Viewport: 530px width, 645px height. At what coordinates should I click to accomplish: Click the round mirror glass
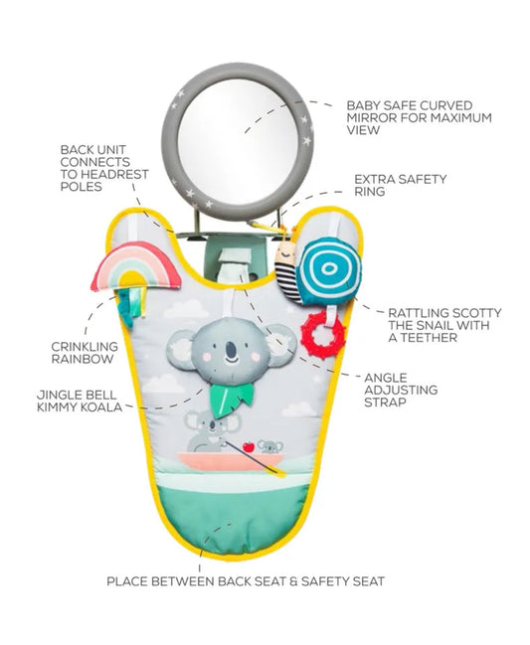pyautogui.click(x=238, y=141)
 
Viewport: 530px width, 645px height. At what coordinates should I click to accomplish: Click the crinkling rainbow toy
pyautogui.click(x=135, y=267)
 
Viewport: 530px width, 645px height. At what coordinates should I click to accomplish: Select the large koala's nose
pyautogui.click(x=232, y=350)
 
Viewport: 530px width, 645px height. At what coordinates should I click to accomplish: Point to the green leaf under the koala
pyautogui.click(x=231, y=399)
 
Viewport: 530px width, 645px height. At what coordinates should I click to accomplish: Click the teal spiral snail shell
pyautogui.click(x=328, y=270)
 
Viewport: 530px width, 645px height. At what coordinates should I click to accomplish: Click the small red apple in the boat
pyautogui.click(x=249, y=446)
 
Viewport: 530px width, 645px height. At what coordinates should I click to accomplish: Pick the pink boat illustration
pyautogui.click(x=231, y=461)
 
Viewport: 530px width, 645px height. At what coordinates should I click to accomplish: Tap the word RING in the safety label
pyautogui.click(x=370, y=192)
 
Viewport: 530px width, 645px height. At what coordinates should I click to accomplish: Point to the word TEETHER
pyautogui.click(x=429, y=338)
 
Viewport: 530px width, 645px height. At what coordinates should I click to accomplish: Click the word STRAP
pyautogui.click(x=385, y=403)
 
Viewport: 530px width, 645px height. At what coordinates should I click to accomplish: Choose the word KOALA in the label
pyautogui.click(x=103, y=407)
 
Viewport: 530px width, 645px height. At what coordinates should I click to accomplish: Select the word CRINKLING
pyautogui.click(x=85, y=347)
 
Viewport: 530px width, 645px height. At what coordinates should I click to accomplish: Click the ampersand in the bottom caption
pyautogui.click(x=293, y=581)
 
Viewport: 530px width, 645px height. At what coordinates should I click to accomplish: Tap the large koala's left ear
pyautogui.click(x=180, y=349)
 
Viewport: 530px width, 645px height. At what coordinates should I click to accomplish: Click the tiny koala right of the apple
pyautogui.click(x=269, y=446)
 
